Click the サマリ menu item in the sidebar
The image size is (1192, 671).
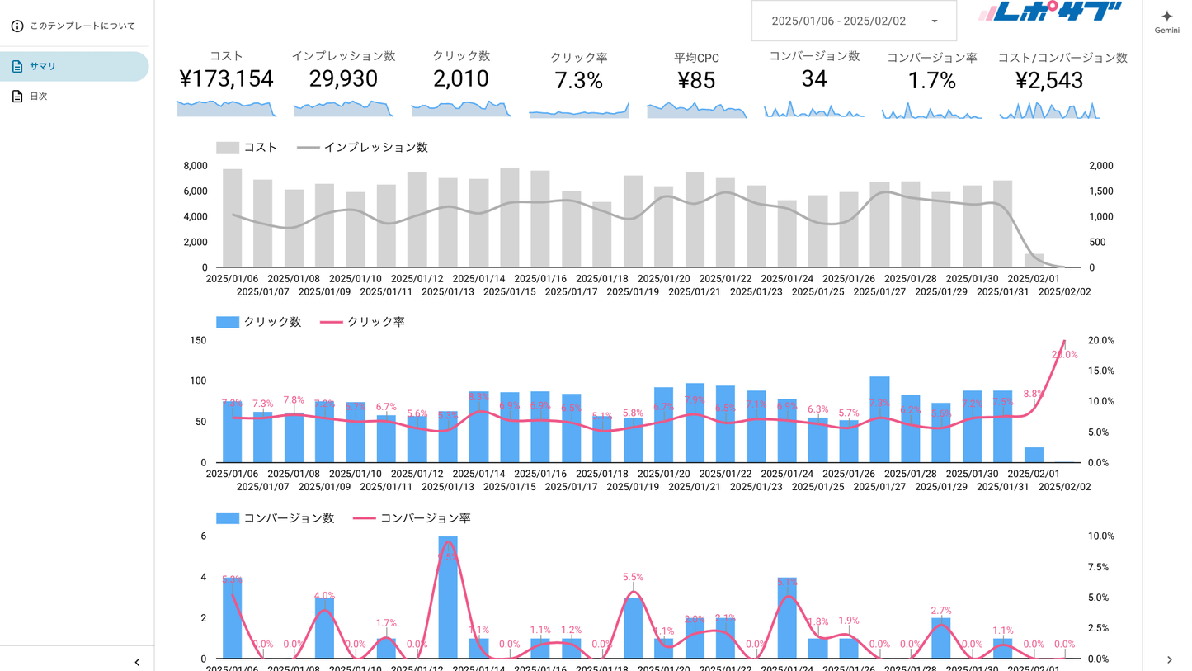(x=43, y=66)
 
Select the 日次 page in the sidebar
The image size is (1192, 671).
(x=38, y=97)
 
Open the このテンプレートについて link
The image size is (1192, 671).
(x=82, y=26)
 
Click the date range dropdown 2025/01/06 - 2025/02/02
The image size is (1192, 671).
(x=854, y=21)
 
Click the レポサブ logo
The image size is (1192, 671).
(x=1049, y=12)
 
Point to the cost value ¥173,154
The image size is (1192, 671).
(x=226, y=79)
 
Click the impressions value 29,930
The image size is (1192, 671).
(x=343, y=79)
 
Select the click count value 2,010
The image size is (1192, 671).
(x=461, y=79)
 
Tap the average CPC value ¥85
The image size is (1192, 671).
(x=696, y=81)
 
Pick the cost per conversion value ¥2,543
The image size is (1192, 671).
(x=1062, y=81)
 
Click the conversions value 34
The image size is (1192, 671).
(x=814, y=79)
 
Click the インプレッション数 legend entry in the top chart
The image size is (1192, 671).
(x=375, y=148)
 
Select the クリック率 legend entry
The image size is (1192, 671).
(x=375, y=322)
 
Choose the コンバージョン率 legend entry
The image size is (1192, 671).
(x=425, y=518)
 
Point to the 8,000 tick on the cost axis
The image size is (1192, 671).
(x=195, y=166)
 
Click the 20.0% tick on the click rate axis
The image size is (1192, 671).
(x=1101, y=340)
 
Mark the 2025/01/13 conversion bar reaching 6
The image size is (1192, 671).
(x=448, y=598)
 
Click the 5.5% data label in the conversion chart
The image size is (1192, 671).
(x=633, y=578)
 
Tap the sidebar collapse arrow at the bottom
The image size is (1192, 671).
(x=137, y=662)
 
